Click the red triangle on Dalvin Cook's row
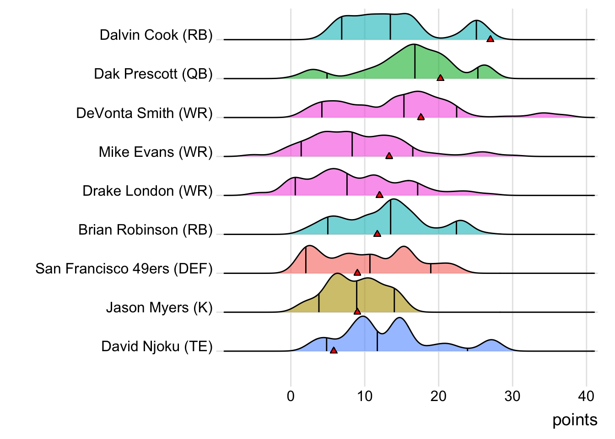click(490, 39)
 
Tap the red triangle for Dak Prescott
click(440, 78)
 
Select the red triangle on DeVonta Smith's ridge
click(421, 117)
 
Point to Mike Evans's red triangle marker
click(389, 156)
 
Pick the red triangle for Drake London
click(379, 195)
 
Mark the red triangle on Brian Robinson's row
click(377, 234)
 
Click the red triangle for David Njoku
click(334, 350)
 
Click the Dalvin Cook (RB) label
click(156, 35)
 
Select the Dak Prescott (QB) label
click(153, 74)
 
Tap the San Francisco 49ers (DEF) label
click(124, 268)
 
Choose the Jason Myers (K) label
click(159, 307)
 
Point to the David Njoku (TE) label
click(157, 347)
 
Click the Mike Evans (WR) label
click(156, 152)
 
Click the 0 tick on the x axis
click(291, 396)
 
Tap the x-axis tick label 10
click(365, 396)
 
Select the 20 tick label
click(438, 396)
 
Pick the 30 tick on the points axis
click(512, 396)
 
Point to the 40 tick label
click(586, 396)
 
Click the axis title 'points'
click(575, 420)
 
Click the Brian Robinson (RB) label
click(146, 230)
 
